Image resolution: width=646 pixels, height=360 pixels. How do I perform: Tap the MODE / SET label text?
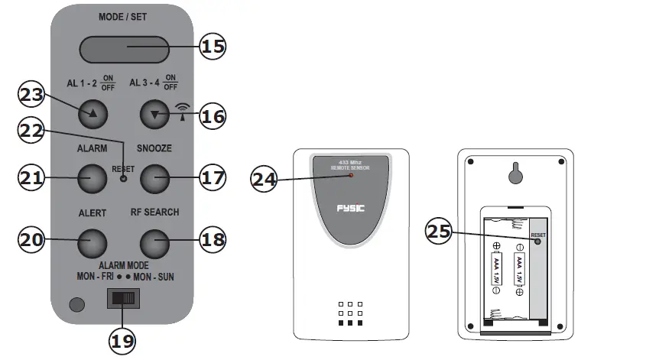pyautogui.click(x=123, y=17)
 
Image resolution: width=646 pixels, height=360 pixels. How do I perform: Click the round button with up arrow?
pyautogui.click(x=92, y=115)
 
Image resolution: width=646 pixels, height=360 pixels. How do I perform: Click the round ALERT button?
pyautogui.click(x=92, y=242)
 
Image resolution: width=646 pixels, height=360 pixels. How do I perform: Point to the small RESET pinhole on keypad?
pyautogui.click(x=123, y=178)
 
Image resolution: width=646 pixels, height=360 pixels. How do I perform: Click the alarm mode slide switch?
pyautogui.click(x=123, y=298)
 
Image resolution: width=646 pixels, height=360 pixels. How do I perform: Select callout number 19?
pyautogui.click(x=122, y=340)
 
